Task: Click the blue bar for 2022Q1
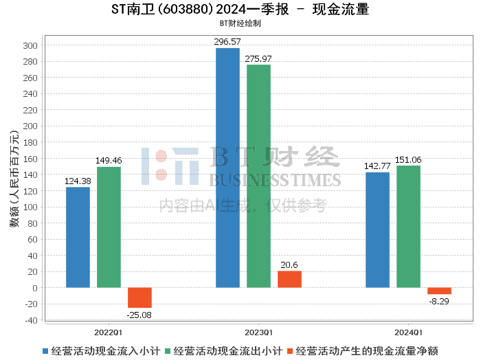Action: point(78,237)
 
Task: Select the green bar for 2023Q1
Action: point(258,176)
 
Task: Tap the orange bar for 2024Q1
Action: point(439,291)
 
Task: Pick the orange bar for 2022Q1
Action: point(139,297)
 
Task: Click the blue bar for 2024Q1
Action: point(378,230)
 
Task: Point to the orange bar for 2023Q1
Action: point(289,280)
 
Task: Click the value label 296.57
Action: point(227,42)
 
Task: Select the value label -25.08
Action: point(139,315)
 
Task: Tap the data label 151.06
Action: point(408,160)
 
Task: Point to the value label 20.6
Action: point(289,265)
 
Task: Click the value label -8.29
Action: point(438,302)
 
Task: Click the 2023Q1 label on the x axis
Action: point(258,333)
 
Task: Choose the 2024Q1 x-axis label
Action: point(408,333)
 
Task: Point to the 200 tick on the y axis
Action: point(30,126)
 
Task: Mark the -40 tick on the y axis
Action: point(32,320)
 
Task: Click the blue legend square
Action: point(45,351)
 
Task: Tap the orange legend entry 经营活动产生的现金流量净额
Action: point(363,351)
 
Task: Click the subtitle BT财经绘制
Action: point(240,23)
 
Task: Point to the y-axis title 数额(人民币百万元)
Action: point(14,179)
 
